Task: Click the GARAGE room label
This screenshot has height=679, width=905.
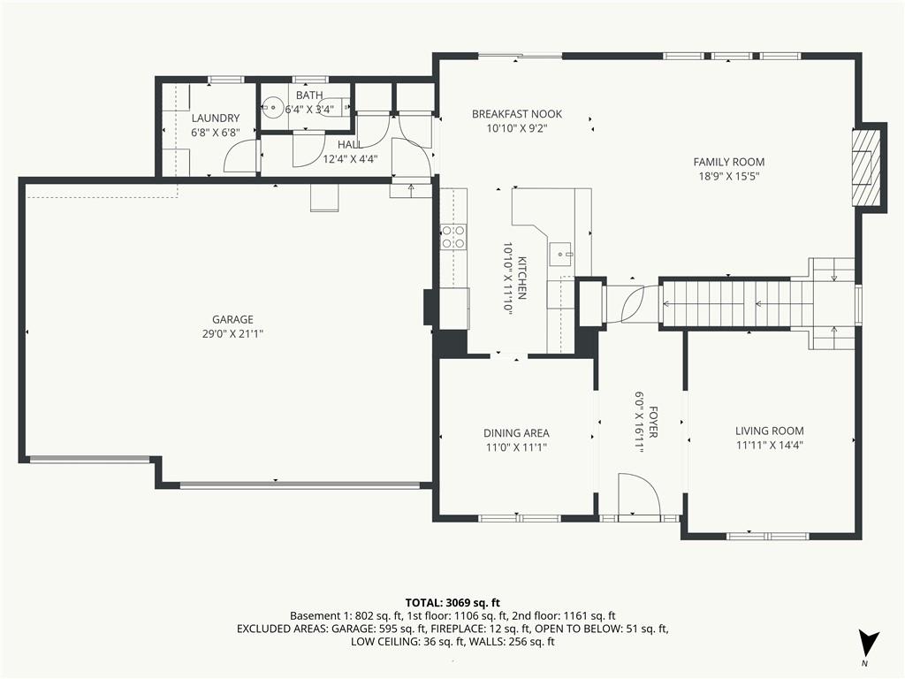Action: (232, 319)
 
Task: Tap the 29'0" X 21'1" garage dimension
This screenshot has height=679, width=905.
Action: (232, 333)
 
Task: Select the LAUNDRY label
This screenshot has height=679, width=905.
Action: (216, 118)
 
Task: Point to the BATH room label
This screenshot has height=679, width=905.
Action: (309, 95)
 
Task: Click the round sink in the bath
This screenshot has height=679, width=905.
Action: (272, 107)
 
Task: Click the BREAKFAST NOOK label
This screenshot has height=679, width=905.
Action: (516, 114)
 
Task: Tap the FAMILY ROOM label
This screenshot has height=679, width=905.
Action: (729, 163)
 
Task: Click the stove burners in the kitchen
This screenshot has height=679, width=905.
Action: (453, 237)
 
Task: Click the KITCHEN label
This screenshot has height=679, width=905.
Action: (521, 278)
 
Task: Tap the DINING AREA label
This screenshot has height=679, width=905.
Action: (516, 433)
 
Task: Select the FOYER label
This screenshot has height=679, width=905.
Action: (653, 422)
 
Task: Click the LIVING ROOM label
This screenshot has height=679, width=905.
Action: (770, 431)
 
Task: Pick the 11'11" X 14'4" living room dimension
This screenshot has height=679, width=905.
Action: (770, 446)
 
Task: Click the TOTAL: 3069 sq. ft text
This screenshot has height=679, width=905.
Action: (452, 603)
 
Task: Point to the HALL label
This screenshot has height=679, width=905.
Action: (350, 144)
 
